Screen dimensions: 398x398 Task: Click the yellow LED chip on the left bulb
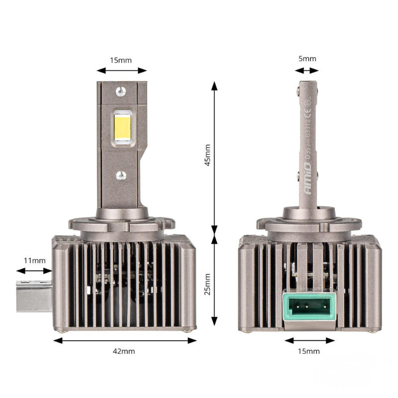coord(122,127)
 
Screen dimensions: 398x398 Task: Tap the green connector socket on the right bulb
coord(307,307)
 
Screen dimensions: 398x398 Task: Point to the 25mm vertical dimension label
coord(207,284)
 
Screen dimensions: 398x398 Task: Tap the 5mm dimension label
coord(307,59)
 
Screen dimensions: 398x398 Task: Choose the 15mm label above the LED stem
coord(121,60)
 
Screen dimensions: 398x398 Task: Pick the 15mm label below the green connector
coord(308,351)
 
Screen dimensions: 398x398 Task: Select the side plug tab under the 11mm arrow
coord(34,296)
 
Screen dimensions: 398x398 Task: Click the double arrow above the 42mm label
coord(125,340)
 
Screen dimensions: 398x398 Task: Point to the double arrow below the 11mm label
coord(34,271)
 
